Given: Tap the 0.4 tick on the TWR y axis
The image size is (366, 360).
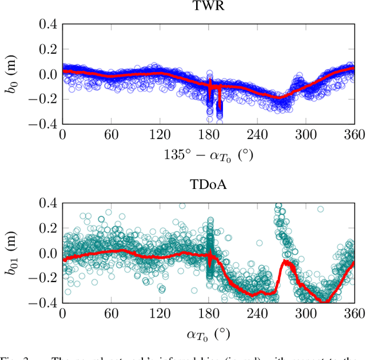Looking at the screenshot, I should coord(47,24).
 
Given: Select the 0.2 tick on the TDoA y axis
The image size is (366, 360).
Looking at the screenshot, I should coord(47,228).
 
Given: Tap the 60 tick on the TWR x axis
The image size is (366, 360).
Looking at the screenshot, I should coord(111,134).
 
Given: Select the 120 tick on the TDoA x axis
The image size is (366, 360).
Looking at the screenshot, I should coord(160,313).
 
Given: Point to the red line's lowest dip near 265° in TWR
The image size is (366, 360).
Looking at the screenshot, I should coord(279,98).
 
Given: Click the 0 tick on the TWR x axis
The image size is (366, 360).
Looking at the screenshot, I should coord(62,134).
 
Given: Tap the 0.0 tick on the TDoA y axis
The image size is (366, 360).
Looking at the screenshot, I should coord(47,253).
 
